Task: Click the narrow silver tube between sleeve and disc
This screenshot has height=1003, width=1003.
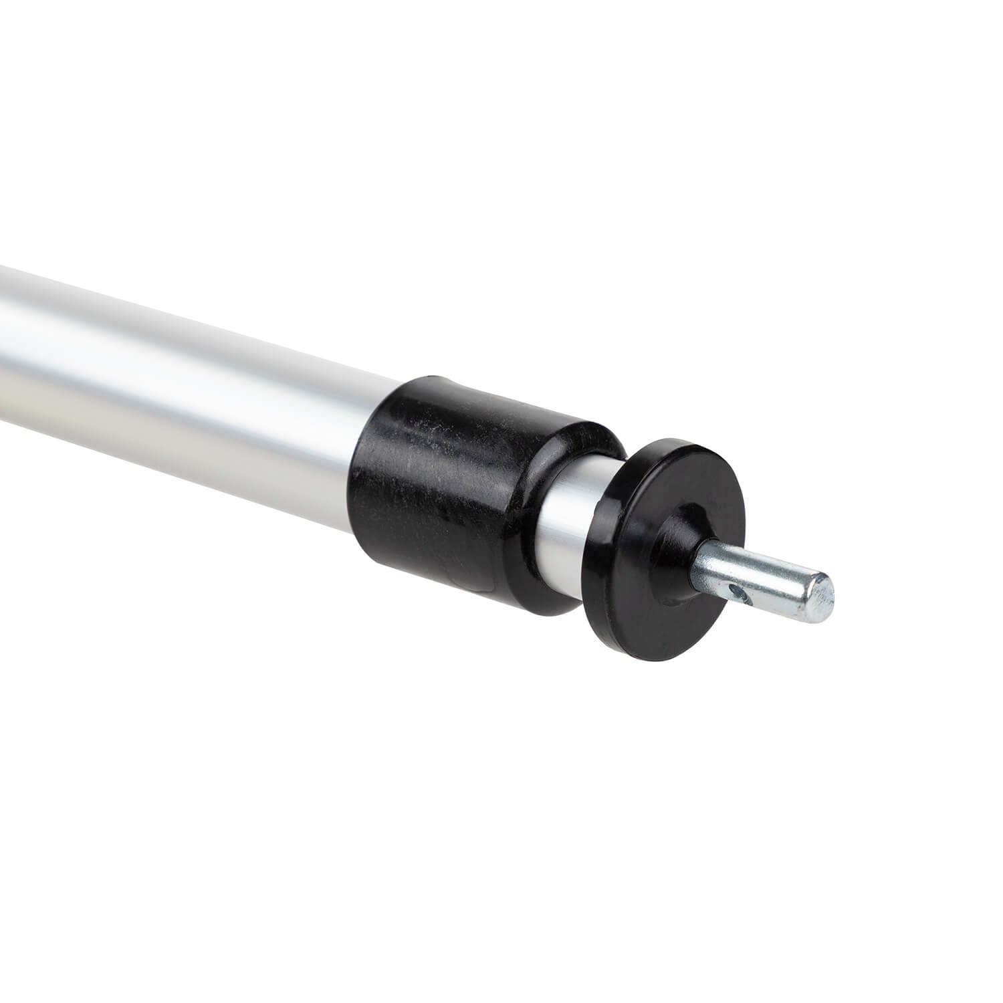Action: (x=568, y=528)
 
